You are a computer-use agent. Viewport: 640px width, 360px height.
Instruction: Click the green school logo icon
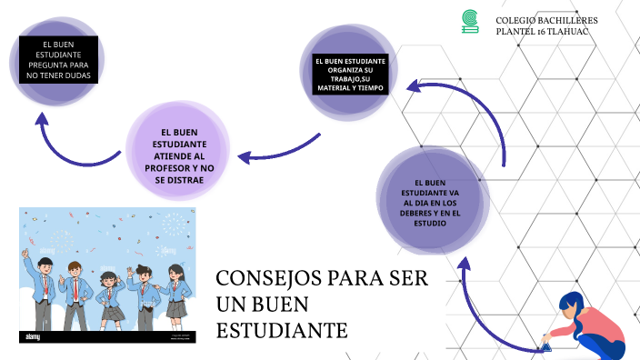tap(469, 21)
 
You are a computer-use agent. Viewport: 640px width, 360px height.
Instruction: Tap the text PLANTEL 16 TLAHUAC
tap(543, 32)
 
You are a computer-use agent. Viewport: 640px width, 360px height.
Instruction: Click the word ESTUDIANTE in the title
tap(282, 328)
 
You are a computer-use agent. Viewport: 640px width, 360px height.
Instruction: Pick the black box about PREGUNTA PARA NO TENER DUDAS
tap(58, 59)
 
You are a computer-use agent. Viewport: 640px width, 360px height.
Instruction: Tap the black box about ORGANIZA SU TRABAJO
tap(350, 75)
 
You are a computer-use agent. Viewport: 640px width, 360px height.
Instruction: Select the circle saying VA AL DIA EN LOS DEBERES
tap(429, 202)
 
